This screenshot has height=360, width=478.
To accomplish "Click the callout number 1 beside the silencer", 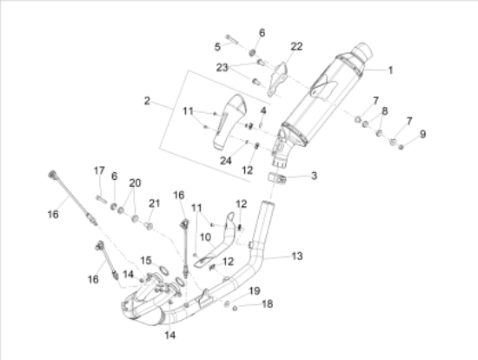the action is [x=390, y=70].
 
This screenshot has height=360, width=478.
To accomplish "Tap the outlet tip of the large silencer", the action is [x=363, y=51].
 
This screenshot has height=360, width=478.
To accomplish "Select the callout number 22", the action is [x=296, y=46].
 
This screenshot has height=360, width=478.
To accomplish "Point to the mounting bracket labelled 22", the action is [x=278, y=79].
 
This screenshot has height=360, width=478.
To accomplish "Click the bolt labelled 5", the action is [x=232, y=39].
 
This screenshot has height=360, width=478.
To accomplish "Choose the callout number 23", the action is [x=222, y=68].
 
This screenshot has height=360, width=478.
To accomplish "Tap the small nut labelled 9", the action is [x=402, y=147].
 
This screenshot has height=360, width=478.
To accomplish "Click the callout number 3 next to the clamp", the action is [x=314, y=176].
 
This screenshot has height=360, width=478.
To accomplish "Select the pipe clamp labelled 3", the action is [x=277, y=178].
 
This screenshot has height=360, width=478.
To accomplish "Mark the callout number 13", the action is [x=297, y=256].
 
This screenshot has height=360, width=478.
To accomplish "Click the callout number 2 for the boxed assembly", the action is [x=147, y=101].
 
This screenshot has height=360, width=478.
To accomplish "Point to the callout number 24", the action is [x=226, y=161].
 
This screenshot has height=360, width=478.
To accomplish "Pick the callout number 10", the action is [x=205, y=237].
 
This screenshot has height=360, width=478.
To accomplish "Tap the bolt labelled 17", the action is [x=101, y=199].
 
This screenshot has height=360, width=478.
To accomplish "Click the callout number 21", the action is [x=154, y=203].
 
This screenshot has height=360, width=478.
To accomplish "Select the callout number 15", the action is [x=146, y=261].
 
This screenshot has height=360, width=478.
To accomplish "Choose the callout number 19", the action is [x=255, y=291].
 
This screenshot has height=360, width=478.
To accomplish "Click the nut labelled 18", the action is [x=235, y=309].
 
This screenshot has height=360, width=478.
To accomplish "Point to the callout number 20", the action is [x=135, y=183].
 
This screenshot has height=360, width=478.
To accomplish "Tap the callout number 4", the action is [x=263, y=110].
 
